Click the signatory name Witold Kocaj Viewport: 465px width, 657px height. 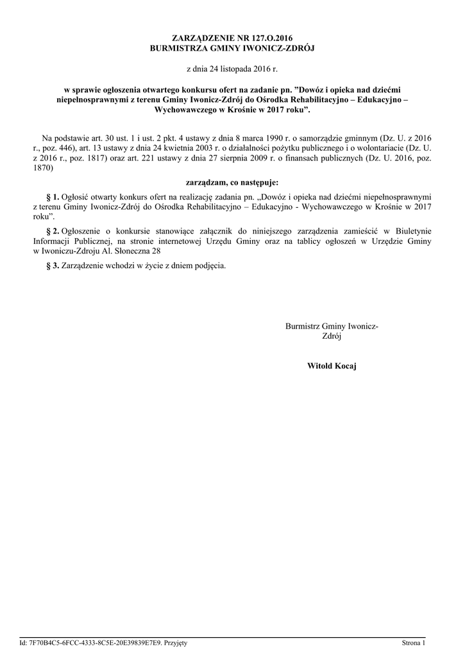coord(332,366)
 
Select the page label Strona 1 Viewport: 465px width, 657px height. coord(414,642)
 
